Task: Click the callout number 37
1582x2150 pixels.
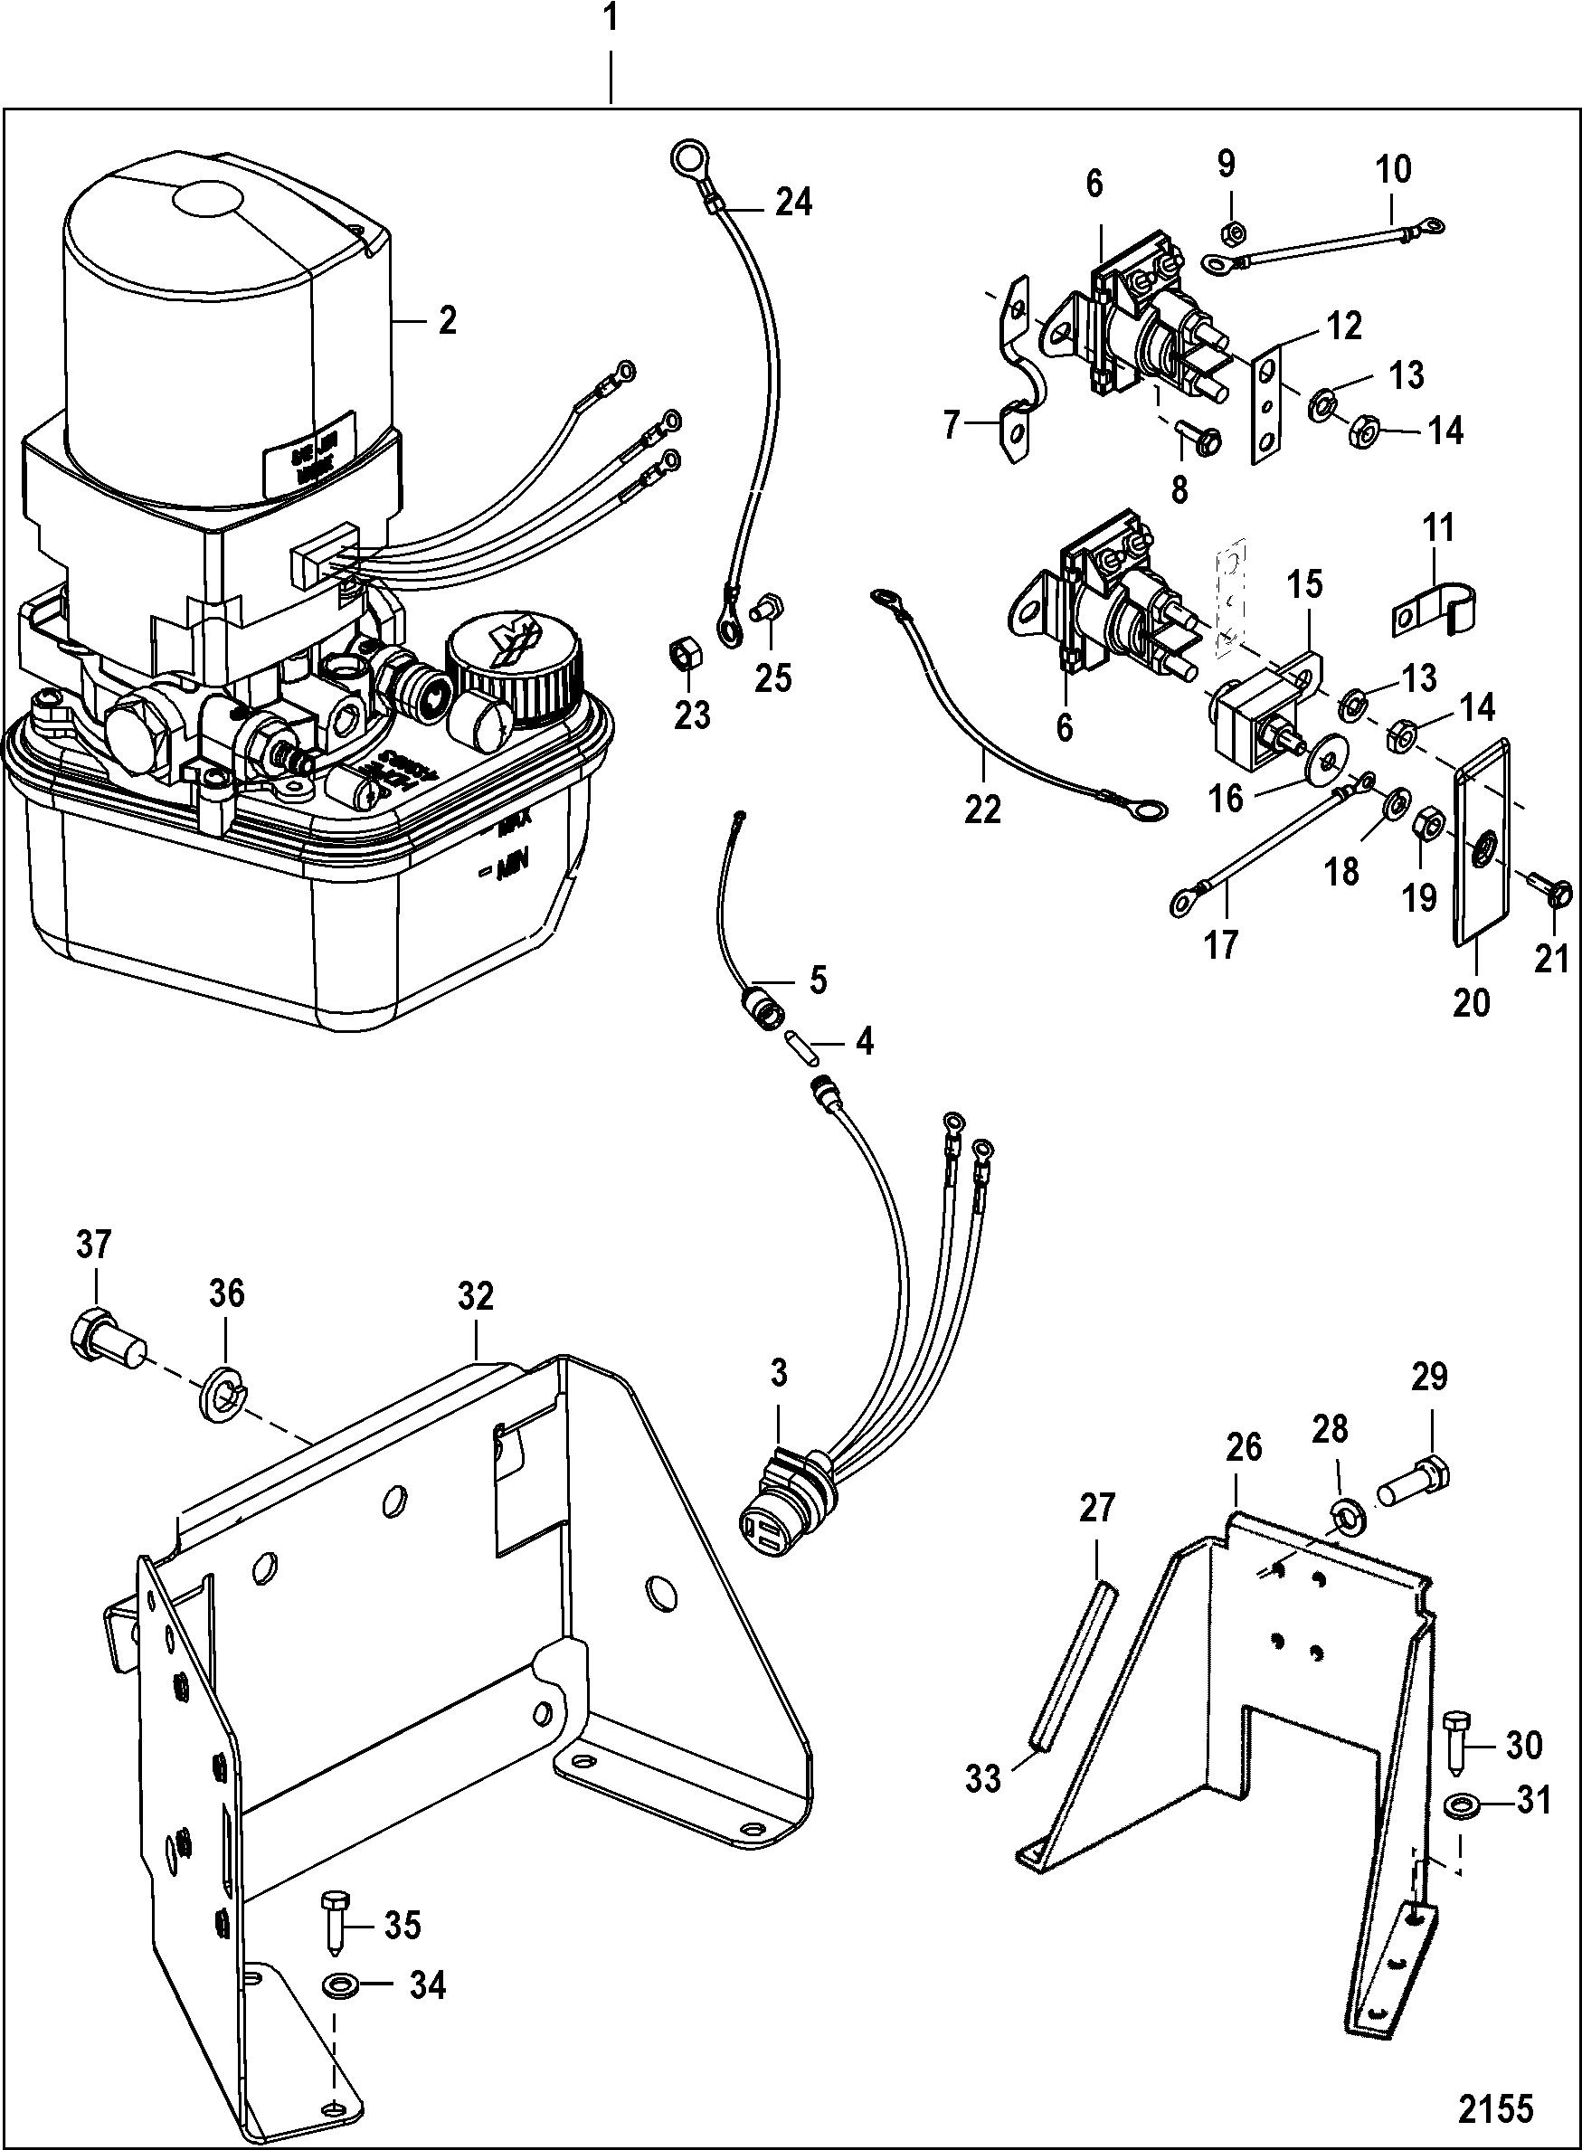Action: pyautogui.click(x=93, y=1245)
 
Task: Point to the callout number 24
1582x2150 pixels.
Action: pyautogui.click(x=794, y=202)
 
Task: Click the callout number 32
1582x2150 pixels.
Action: pyautogui.click(x=475, y=1298)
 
